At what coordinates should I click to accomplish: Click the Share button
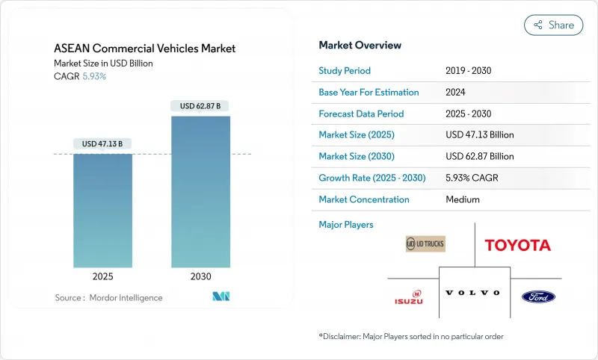553,25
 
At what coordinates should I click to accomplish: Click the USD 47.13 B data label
102,143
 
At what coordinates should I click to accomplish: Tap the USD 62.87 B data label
200,106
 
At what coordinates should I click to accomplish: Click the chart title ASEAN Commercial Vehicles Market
145,49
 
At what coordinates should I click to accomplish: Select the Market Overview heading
360,45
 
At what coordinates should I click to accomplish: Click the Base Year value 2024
456,93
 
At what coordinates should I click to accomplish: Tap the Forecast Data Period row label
361,114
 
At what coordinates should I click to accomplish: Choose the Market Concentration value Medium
462,199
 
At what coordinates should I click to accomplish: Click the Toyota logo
517,245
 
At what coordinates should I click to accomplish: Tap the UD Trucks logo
425,243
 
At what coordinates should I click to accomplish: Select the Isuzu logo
409,297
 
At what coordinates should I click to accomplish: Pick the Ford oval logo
538,297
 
